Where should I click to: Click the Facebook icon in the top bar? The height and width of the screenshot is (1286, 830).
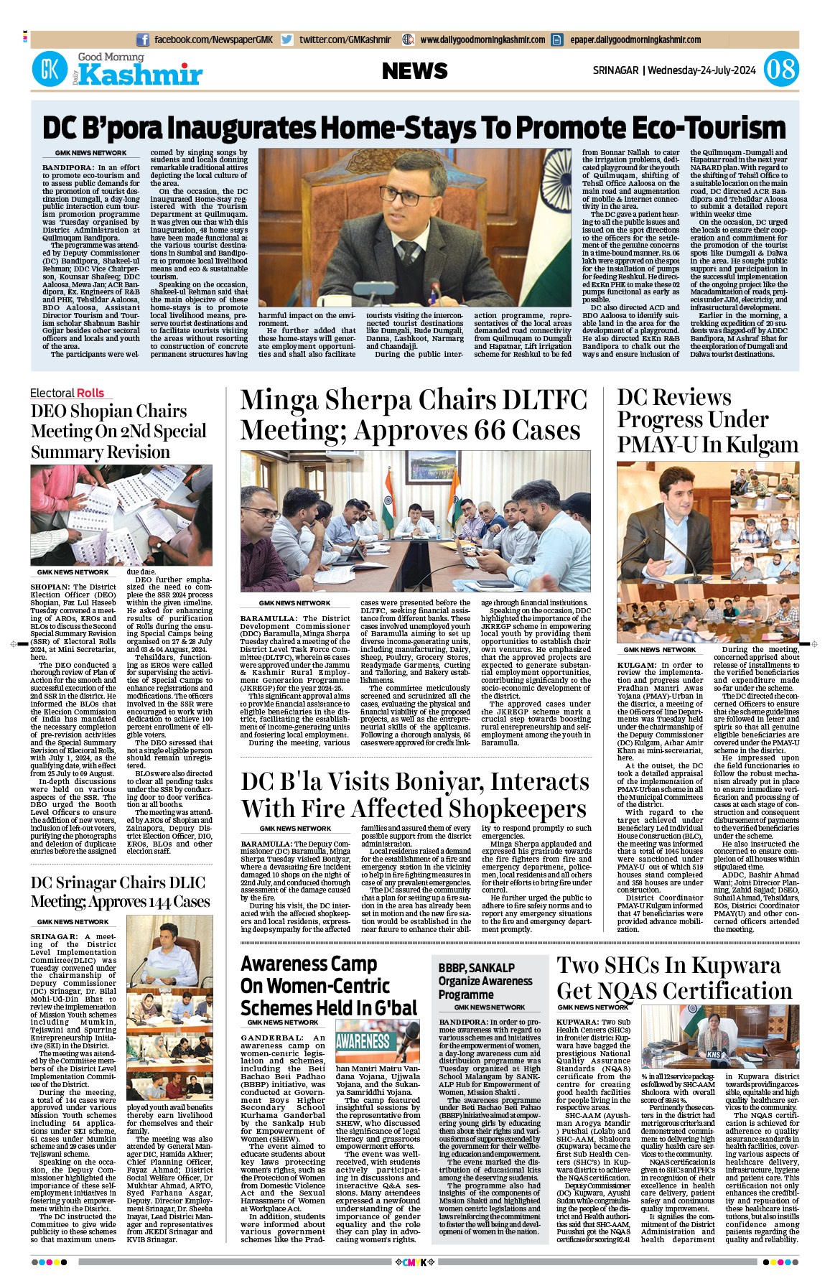click(143, 40)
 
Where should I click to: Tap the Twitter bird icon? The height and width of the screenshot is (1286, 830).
click(287, 40)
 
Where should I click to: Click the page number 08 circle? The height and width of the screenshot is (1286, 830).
click(780, 70)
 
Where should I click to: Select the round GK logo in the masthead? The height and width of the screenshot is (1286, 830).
click(50, 70)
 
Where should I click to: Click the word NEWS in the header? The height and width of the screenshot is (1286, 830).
click(414, 70)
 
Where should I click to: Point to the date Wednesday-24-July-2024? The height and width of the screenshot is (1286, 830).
click(701, 70)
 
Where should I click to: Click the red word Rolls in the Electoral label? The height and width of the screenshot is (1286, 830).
click(90, 393)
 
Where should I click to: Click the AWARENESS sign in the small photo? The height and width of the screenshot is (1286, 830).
click(363, 1040)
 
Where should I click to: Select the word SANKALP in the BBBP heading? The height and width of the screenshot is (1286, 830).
click(491, 968)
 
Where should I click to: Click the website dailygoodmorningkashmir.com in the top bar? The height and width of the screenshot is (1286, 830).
click(482, 40)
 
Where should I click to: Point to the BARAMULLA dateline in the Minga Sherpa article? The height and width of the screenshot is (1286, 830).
click(269, 618)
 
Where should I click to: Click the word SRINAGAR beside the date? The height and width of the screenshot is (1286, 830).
click(615, 70)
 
